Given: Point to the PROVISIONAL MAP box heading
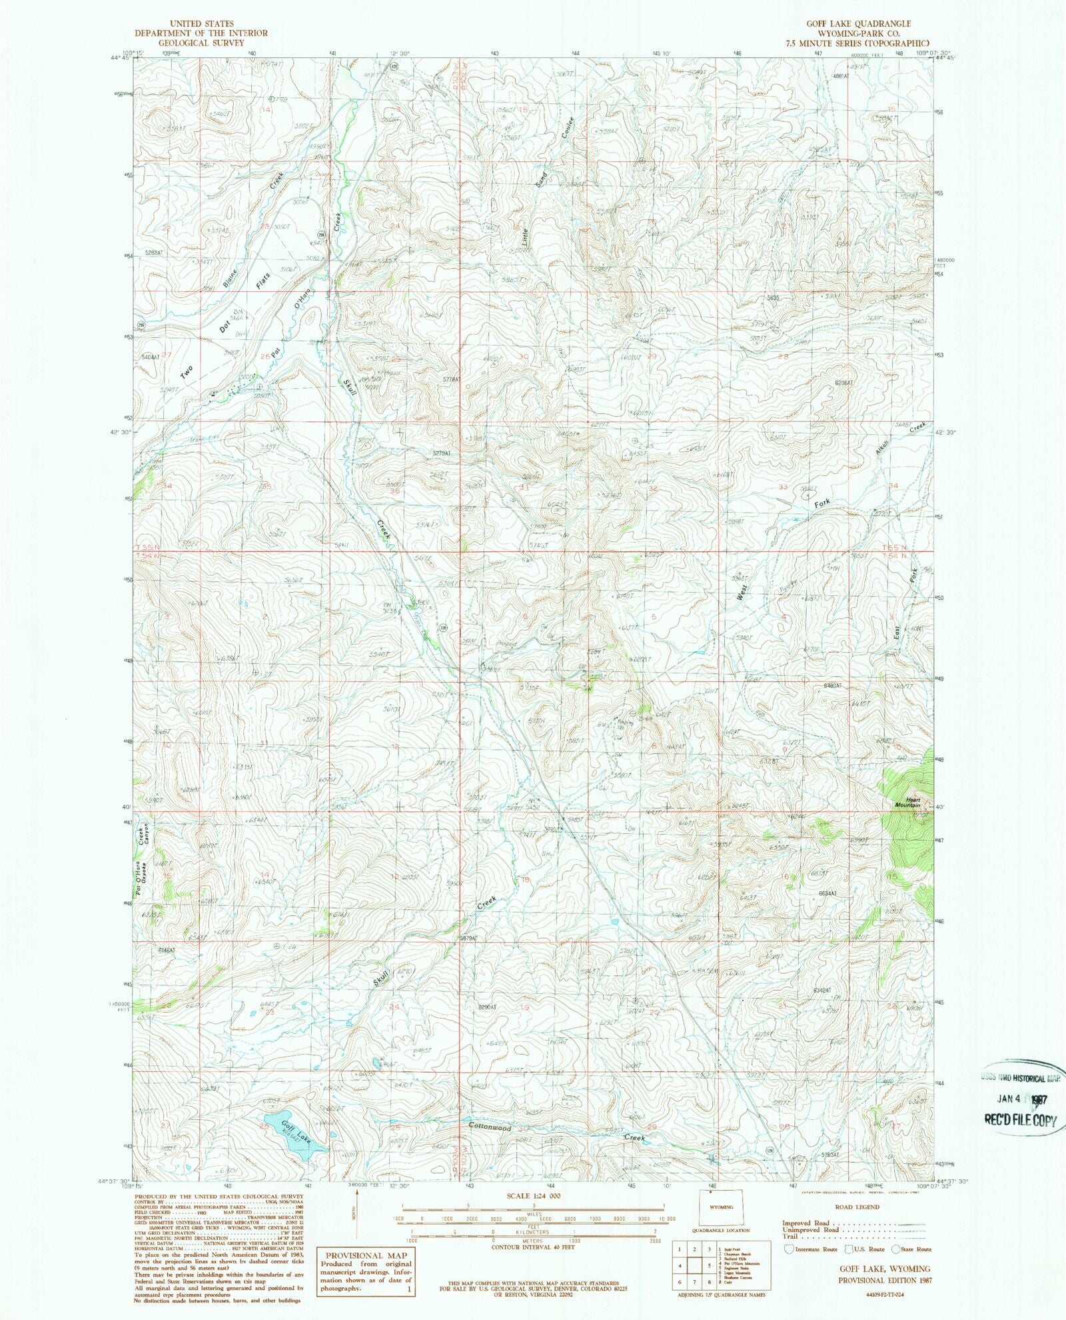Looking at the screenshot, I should [x=364, y=1255].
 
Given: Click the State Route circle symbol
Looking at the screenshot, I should [x=895, y=1249].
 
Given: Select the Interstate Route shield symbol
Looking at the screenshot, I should [x=789, y=1249].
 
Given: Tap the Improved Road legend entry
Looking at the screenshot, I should [x=806, y=1223].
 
